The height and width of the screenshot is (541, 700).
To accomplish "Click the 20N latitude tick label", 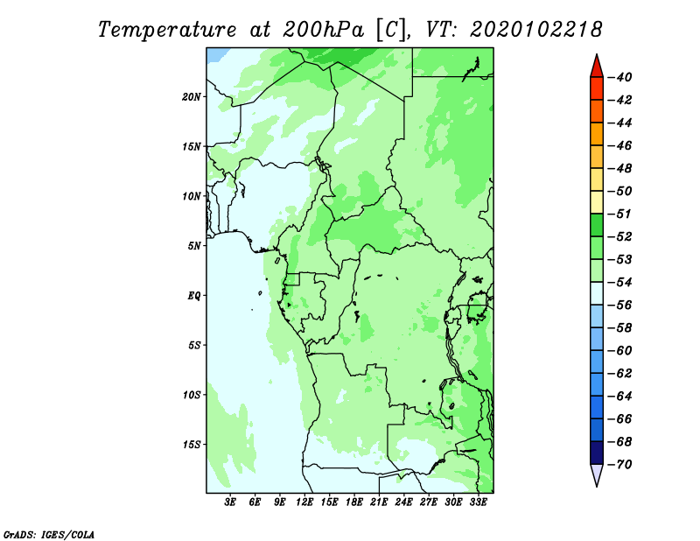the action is (192, 97).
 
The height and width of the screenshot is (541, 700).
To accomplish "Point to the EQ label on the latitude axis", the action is (193, 296).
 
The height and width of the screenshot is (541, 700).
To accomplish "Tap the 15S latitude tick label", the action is (192, 445).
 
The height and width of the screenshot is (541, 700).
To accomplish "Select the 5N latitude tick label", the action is (194, 246).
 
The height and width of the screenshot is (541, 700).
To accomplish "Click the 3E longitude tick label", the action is (230, 502).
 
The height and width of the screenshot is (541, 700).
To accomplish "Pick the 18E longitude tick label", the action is (354, 502).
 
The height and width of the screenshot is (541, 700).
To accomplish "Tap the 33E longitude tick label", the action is (478, 502).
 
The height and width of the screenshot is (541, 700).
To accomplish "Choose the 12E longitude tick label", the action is (304, 502).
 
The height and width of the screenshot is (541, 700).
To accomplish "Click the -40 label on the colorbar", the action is (620, 77).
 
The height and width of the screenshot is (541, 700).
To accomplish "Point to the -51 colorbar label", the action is (620, 214).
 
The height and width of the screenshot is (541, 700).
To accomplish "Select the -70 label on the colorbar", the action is (620, 465).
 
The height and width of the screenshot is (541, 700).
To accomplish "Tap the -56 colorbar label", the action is (620, 306).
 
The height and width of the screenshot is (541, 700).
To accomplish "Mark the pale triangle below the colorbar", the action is (597, 474).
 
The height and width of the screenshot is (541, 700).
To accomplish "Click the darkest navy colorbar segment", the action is (597, 453).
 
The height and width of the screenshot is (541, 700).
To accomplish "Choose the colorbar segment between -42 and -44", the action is (597, 111).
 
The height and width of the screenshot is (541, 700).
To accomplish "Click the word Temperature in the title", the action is (167, 31).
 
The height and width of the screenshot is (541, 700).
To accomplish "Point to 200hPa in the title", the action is (324, 30).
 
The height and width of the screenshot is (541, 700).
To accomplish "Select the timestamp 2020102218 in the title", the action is (535, 30).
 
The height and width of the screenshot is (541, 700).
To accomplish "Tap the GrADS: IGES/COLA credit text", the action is (49, 535).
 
